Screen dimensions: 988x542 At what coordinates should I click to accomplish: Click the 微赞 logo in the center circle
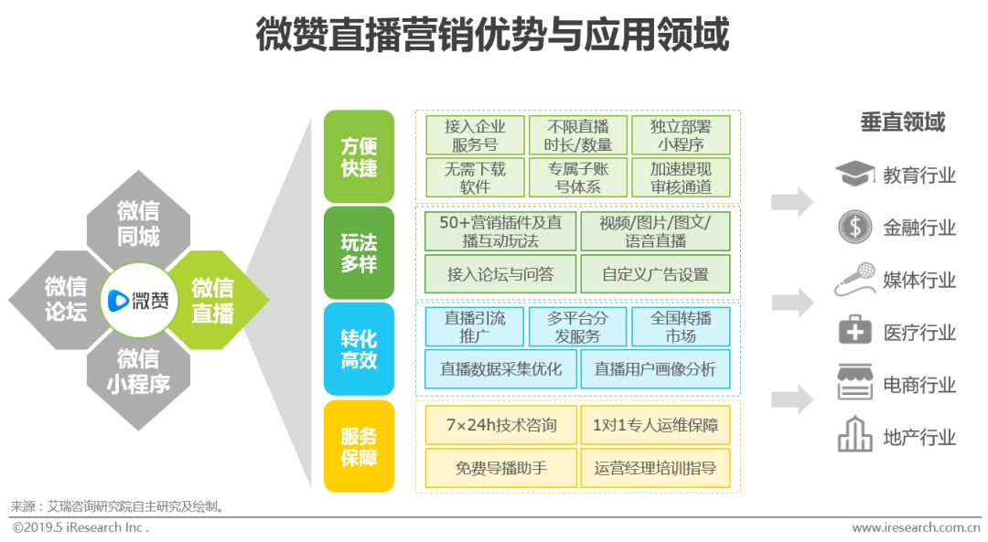click(138, 300)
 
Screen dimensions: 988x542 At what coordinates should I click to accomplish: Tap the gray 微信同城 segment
click(138, 223)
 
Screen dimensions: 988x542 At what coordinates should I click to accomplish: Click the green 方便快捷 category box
click(359, 156)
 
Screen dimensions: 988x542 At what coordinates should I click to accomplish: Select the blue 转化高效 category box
click(359, 348)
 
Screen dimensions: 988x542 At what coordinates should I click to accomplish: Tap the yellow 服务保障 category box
click(359, 446)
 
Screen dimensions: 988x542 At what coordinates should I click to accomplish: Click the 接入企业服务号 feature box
click(474, 135)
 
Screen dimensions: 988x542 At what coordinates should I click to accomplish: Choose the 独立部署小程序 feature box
click(681, 135)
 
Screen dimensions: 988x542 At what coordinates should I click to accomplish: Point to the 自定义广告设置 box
click(655, 274)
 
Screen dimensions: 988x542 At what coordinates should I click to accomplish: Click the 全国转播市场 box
click(681, 326)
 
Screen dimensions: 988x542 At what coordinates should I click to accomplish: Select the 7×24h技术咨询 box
click(500, 425)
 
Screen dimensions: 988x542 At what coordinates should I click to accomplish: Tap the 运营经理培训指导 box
click(655, 468)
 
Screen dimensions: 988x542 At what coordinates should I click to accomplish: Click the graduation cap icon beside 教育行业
click(854, 174)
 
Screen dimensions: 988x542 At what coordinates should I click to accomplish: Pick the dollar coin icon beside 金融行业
click(855, 227)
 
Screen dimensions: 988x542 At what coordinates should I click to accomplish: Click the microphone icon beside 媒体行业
click(854, 280)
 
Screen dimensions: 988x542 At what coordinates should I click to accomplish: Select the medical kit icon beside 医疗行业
click(855, 332)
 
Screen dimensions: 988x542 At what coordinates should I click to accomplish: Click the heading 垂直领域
click(902, 122)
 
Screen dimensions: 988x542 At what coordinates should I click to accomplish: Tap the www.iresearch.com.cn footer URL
click(915, 527)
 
